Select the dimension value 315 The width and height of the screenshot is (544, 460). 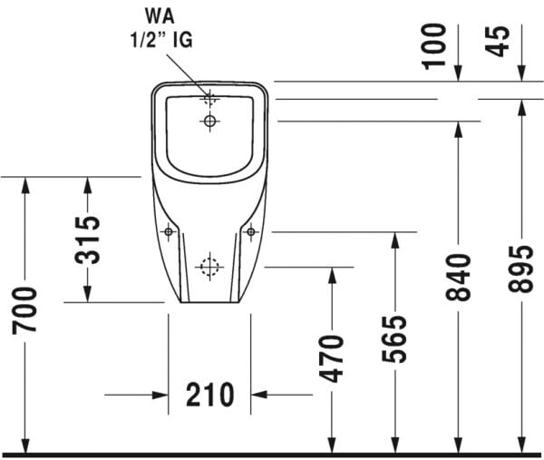tap(87, 240)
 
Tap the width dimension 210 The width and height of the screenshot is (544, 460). tap(210, 395)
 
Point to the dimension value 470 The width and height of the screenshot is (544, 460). tap(333, 357)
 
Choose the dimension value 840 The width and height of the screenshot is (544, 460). tap(459, 278)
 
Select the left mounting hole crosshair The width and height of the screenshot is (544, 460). tap(169, 232)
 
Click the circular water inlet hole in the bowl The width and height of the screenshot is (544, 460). tap(210, 120)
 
